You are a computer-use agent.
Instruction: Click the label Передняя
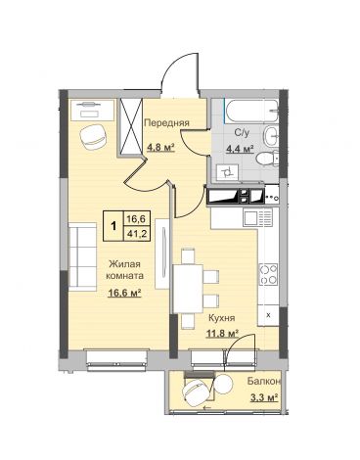166,123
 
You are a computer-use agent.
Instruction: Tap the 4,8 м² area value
161,148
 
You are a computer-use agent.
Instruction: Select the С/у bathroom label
243,132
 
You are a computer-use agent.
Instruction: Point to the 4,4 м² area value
241,149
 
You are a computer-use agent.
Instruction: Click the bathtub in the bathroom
251,112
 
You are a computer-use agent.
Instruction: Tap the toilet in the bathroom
267,159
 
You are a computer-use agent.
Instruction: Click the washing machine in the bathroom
228,171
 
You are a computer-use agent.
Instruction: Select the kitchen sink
258,218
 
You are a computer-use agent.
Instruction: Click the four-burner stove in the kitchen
269,274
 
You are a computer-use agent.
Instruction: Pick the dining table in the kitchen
188,289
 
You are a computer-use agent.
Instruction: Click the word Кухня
222,317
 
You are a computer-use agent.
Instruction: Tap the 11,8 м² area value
222,334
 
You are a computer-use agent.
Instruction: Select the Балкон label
264,381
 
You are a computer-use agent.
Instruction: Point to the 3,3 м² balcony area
264,397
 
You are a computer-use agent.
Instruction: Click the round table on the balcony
223,385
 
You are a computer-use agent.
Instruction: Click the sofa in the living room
83,256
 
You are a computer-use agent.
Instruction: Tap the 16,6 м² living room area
125,293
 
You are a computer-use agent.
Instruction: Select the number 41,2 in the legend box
137,234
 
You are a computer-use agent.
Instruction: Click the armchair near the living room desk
93,137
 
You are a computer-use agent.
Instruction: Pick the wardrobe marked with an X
131,126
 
